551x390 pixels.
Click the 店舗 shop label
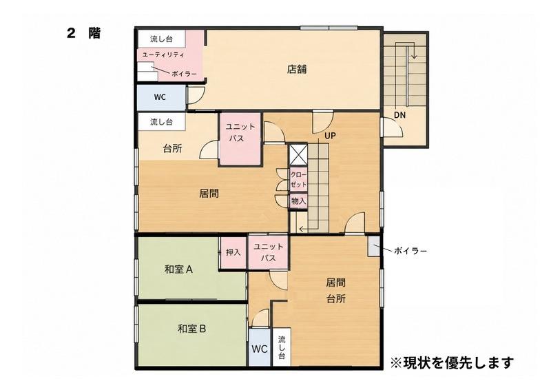click(297, 70)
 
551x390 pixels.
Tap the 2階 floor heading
click(83, 33)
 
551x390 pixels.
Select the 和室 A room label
click(178, 269)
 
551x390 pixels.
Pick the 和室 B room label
click(191, 329)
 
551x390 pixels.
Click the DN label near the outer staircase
click(399, 115)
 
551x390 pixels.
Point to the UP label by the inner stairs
click(330, 136)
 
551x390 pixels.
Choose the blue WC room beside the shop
click(161, 97)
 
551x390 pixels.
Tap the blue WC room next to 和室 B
click(260, 347)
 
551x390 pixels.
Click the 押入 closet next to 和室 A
click(233, 252)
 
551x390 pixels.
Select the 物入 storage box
click(298, 201)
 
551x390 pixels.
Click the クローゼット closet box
click(298, 179)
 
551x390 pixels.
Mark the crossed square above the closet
click(298, 155)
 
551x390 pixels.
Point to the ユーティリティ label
click(163, 55)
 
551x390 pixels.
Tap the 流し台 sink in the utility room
click(161, 39)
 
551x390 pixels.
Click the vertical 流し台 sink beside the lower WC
click(282, 347)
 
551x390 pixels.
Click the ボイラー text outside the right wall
click(410, 251)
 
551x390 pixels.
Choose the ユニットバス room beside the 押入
click(268, 252)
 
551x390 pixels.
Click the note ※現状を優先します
click(452, 362)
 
